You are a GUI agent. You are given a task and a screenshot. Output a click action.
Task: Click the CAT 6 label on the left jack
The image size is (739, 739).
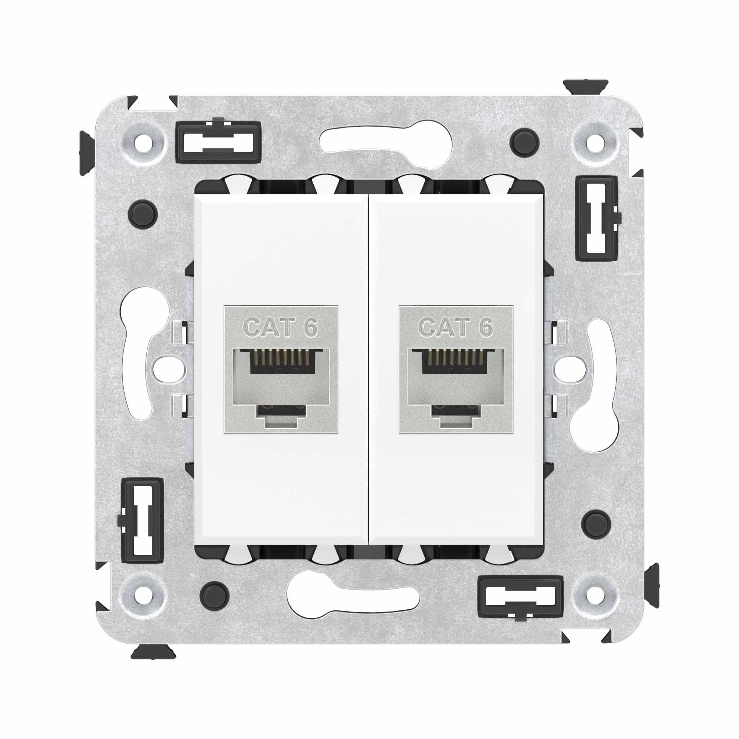[x=281, y=327]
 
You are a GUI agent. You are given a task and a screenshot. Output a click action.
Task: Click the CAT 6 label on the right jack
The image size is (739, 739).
[x=456, y=327]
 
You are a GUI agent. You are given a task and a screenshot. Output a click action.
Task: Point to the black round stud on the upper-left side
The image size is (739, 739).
[x=143, y=214]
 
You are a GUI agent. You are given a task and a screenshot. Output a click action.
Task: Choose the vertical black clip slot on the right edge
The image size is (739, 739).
[x=597, y=218]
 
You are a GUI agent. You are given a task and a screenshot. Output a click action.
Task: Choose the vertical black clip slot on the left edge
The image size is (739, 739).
[x=142, y=520]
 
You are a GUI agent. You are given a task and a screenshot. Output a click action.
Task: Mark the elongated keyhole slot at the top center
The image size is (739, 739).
[x=386, y=142]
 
